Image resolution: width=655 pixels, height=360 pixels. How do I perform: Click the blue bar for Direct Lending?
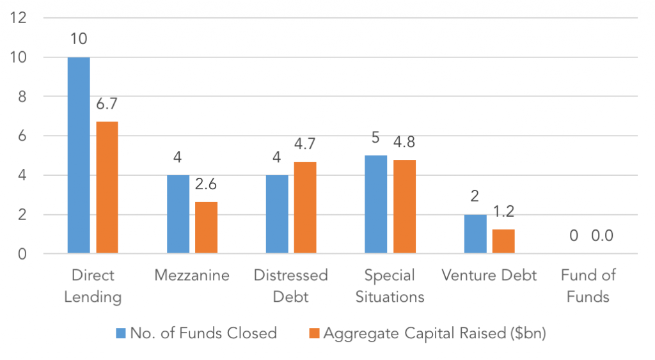tap(79, 155)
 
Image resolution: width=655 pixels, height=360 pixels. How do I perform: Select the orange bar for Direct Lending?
tap(107, 187)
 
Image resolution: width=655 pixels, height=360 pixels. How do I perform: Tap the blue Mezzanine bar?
tap(178, 214)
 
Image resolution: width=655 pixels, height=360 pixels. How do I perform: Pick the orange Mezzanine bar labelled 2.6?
tap(207, 228)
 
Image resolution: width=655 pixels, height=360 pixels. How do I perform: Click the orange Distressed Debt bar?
tap(305, 208)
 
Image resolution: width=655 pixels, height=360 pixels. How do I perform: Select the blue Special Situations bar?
tap(376, 204)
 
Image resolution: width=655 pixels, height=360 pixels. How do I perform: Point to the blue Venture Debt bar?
tap(475, 234)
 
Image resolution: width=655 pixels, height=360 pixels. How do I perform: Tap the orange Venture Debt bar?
tap(503, 242)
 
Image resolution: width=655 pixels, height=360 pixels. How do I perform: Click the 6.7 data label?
tap(107, 104)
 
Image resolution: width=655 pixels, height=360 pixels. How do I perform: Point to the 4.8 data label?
tap(404, 142)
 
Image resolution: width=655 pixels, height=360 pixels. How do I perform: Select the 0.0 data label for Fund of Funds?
tap(603, 235)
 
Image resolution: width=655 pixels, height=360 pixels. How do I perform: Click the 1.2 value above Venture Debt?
tap(503, 212)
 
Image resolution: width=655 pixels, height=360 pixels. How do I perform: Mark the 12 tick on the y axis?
tap(19, 17)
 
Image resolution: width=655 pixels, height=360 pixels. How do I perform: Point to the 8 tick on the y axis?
tap(22, 97)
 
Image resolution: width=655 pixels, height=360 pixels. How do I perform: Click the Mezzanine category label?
tap(192, 275)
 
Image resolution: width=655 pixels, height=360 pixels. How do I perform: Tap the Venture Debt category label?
tap(489, 275)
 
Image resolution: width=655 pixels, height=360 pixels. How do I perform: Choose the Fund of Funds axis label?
tap(588, 286)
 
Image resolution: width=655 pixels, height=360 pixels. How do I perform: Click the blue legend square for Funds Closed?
tap(121, 333)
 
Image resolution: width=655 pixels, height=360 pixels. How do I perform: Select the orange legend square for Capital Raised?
tap(314, 333)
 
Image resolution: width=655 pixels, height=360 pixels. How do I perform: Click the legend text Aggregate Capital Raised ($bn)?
tap(435, 333)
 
